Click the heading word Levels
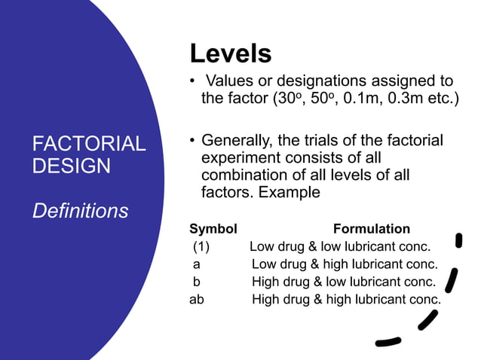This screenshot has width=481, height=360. pyautogui.click(x=230, y=53)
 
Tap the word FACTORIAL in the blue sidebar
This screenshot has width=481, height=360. pyautogui.click(x=89, y=144)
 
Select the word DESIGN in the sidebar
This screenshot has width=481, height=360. pyautogui.click(x=72, y=165)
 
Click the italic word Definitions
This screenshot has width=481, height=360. pyautogui.click(x=80, y=211)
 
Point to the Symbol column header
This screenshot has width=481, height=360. pyautogui.click(x=213, y=229)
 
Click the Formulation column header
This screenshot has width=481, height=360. pyautogui.click(x=371, y=229)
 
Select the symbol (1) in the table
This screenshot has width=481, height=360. pyautogui.click(x=201, y=246)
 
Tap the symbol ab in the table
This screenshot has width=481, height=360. pyautogui.click(x=197, y=299)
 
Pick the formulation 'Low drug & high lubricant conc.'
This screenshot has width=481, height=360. pyautogui.click(x=345, y=264)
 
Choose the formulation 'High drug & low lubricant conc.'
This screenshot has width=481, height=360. pyautogui.click(x=344, y=282)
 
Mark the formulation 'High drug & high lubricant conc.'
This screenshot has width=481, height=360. pyautogui.click(x=346, y=299)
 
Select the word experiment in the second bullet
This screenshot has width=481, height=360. pyautogui.click(x=244, y=158)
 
